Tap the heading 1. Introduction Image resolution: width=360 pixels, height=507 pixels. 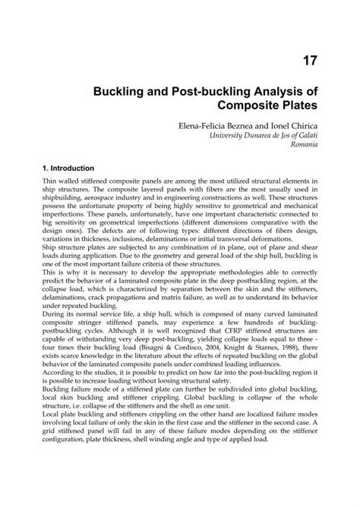[68, 166]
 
